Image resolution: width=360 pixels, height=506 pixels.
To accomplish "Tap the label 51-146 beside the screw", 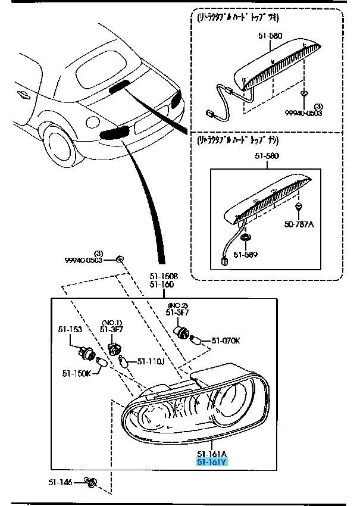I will pyautogui.click(x=61, y=482).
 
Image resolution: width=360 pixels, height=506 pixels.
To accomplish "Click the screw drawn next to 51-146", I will pyautogui.click(x=91, y=482).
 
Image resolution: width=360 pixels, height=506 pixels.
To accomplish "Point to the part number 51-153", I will pyautogui.click(x=70, y=329).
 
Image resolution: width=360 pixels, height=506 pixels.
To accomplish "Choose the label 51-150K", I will pyautogui.click(x=76, y=373).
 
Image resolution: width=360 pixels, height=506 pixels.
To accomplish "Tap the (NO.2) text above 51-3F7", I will pyautogui.click(x=177, y=305).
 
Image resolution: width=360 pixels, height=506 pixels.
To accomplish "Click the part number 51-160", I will pyautogui.click(x=161, y=285).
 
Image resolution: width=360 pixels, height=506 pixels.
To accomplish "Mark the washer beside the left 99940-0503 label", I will pyautogui.click(x=119, y=259).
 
